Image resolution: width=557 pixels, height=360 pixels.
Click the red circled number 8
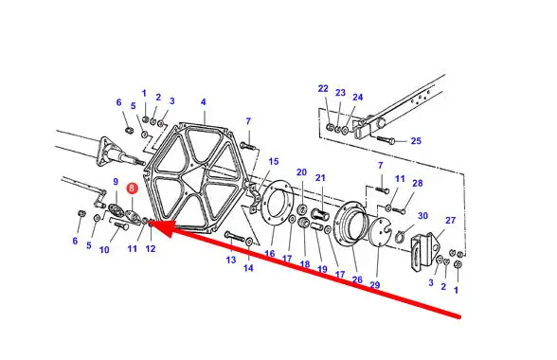[132, 188]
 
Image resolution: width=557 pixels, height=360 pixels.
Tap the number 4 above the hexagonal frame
[203, 102]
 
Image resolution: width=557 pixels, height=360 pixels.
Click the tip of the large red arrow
[151, 224]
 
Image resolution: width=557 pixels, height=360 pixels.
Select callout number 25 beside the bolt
[416, 141]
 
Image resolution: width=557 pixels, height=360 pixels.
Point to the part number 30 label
[422, 216]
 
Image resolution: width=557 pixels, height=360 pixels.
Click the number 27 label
[451, 221]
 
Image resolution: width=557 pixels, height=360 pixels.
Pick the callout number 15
[274, 161]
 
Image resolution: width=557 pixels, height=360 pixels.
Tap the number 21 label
[320, 178]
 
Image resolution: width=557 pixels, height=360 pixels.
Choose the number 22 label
[323, 88]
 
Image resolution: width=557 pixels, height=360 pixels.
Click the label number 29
[375, 285]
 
